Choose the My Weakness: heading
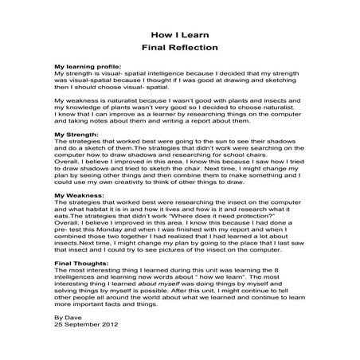coord(78,194)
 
